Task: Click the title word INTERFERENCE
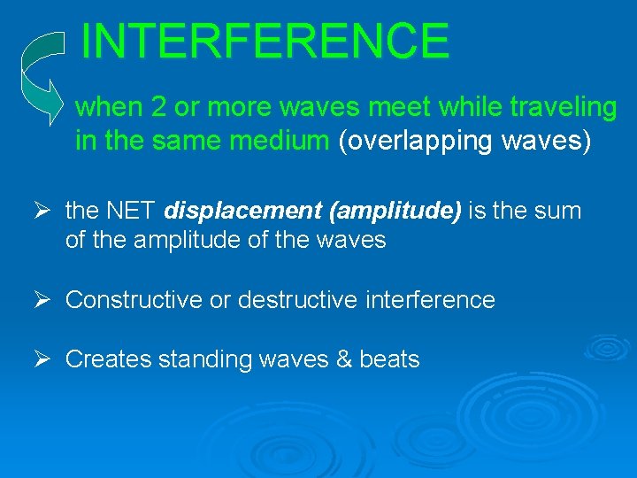click(265, 41)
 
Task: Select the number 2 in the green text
click(160, 108)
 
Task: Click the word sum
click(559, 212)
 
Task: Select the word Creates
click(108, 359)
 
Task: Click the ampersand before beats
click(342, 359)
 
